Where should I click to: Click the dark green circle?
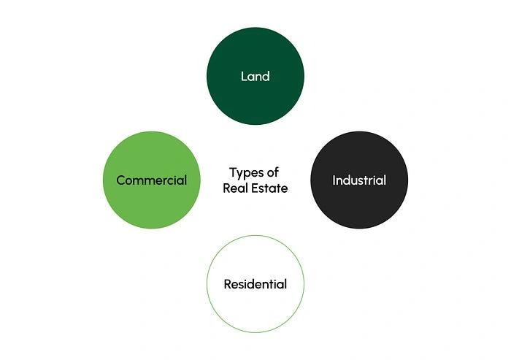tap(255, 76)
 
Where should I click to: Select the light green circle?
tap(152, 180)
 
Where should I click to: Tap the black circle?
tap(359, 180)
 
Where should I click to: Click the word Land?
tap(255, 76)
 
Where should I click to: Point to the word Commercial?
tap(152, 180)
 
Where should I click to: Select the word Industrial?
tap(359, 180)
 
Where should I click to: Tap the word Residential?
tap(255, 284)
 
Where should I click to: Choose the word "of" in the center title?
tap(273, 172)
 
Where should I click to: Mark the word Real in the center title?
tap(236, 188)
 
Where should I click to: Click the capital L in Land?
tap(244, 76)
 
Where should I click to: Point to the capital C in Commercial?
tap(121, 180)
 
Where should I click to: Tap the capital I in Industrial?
tap(334, 180)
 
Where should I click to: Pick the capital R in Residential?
tap(228, 284)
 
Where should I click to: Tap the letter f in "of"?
tap(277, 172)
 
